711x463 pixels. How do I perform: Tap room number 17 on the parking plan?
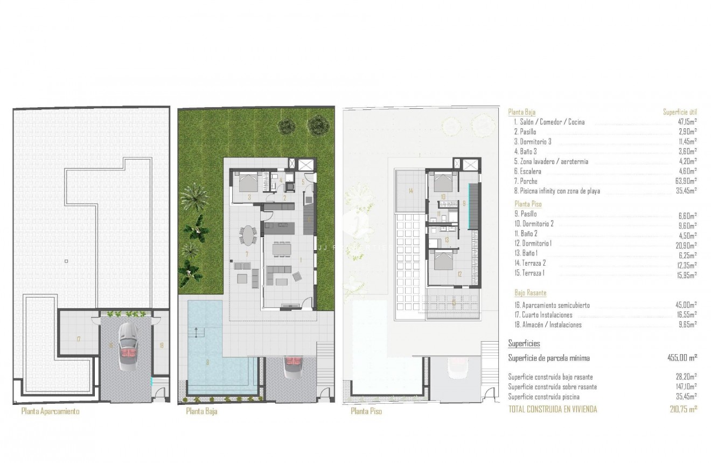79,339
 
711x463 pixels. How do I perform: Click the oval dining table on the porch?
247,236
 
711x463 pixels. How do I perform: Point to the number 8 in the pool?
207,362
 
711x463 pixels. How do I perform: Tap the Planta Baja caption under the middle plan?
201,411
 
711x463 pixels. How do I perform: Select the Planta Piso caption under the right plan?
366,411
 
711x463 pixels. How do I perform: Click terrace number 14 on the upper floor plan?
410,191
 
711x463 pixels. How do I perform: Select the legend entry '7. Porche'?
525,181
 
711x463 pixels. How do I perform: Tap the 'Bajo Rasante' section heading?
530,293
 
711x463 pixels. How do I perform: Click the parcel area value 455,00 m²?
682,357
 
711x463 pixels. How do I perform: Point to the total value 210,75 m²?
682,410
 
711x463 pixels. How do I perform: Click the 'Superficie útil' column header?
680,112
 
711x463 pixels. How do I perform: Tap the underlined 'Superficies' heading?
524,343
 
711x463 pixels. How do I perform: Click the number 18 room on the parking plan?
161,344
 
